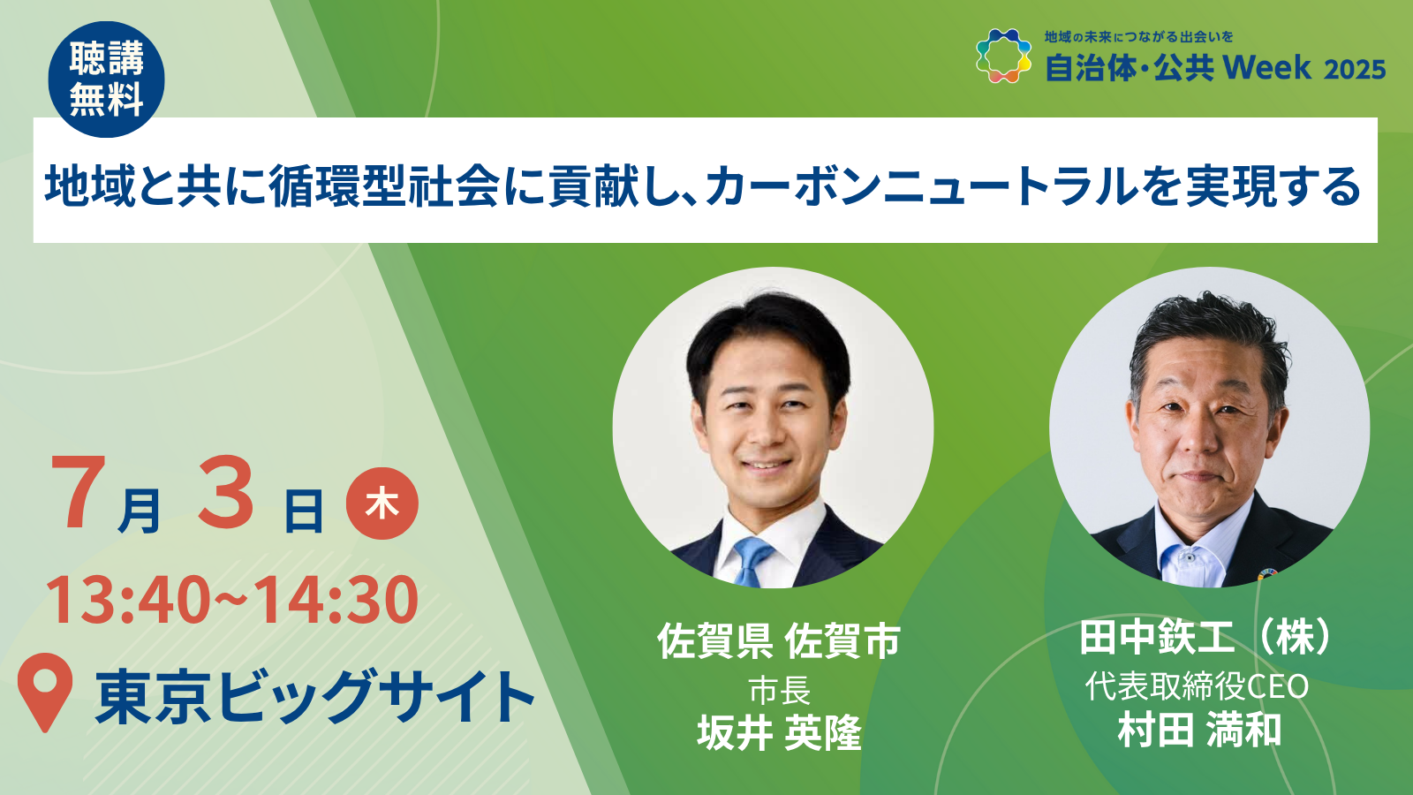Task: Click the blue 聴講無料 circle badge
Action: coord(106,79)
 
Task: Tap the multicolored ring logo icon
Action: coord(1003,56)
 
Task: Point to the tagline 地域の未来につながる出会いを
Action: coord(1138,36)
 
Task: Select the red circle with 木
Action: coord(382,503)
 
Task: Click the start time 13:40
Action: coord(127,600)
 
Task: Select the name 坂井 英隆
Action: coord(779,732)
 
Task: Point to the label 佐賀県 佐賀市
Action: coord(779,640)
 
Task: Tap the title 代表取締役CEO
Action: coord(1197,686)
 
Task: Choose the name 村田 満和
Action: coord(1199,730)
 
